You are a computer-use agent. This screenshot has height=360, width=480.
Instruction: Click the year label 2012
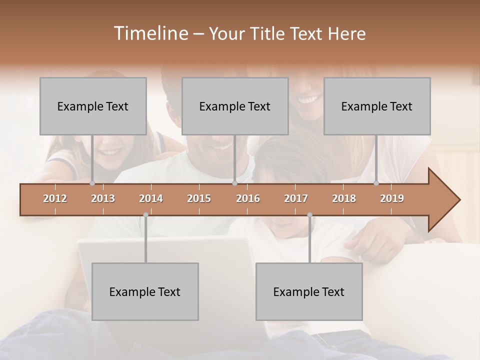click(55, 198)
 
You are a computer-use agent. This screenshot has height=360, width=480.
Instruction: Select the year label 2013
click(103, 198)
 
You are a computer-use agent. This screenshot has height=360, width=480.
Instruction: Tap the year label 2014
click(151, 198)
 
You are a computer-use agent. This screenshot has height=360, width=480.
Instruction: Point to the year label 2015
click(199, 198)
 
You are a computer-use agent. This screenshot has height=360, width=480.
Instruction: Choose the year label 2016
click(248, 198)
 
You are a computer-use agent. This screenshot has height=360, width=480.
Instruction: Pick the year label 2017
click(296, 198)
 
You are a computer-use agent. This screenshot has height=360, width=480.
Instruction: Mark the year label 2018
click(344, 198)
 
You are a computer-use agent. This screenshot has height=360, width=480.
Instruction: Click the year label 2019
click(392, 198)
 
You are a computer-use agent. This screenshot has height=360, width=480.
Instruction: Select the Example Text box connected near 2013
click(93, 106)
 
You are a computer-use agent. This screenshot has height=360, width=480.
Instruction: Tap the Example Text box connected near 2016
click(235, 106)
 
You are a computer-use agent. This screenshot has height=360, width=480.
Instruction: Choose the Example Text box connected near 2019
click(377, 106)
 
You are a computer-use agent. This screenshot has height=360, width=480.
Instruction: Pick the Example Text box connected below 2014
click(145, 291)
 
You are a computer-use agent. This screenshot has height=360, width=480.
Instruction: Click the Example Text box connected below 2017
click(309, 291)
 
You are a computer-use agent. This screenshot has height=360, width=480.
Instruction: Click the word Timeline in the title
click(150, 33)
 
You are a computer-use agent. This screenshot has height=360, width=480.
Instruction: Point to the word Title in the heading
click(270, 33)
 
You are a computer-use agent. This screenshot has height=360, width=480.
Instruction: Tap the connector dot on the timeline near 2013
click(92, 183)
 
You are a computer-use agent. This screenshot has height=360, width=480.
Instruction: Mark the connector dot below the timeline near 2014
click(145, 215)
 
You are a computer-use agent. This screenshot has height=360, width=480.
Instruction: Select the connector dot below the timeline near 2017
click(309, 215)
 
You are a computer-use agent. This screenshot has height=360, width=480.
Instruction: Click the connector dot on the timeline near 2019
click(376, 183)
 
